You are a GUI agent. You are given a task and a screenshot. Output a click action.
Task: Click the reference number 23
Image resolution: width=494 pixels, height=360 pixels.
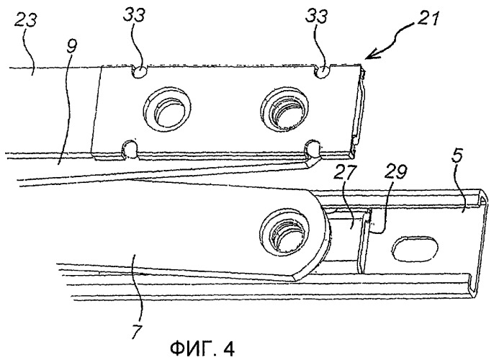[26, 20]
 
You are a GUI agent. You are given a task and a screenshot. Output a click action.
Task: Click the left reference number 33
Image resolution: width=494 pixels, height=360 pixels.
[134, 15]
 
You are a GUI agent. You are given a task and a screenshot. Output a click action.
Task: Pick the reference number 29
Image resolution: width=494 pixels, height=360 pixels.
[396, 172]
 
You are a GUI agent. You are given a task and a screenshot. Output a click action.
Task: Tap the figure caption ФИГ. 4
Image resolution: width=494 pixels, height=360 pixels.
[202, 348]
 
